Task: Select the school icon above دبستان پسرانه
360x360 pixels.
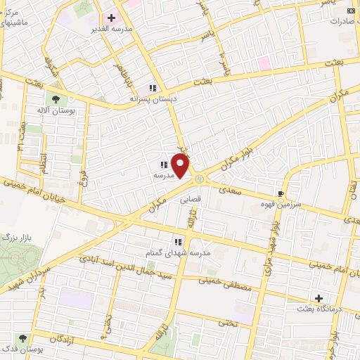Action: (x=152, y=88)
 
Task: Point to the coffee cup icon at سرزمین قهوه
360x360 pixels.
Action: (x=281, y=193)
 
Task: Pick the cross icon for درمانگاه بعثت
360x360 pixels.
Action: (x=319, y=299)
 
